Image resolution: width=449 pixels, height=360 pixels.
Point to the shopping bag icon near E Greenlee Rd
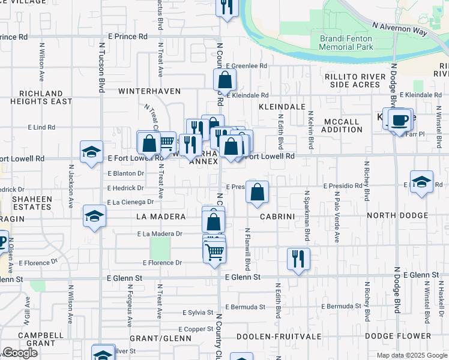224,80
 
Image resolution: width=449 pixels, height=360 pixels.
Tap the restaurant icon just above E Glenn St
298,259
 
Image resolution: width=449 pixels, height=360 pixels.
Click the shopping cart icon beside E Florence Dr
214,253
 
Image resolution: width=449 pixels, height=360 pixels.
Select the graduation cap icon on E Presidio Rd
422,182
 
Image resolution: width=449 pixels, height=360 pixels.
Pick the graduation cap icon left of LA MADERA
94,217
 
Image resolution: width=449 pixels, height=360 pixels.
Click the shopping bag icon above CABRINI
257,193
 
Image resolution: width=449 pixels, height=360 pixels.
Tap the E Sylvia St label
199,313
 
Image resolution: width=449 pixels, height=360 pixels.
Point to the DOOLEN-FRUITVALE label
274,337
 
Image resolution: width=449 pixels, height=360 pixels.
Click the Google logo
20,353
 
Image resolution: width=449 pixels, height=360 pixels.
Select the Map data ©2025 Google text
412,355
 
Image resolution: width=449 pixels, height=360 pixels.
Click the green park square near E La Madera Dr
160,247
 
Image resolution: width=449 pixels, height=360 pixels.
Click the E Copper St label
199,329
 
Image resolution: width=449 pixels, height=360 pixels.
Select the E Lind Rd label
41,127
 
